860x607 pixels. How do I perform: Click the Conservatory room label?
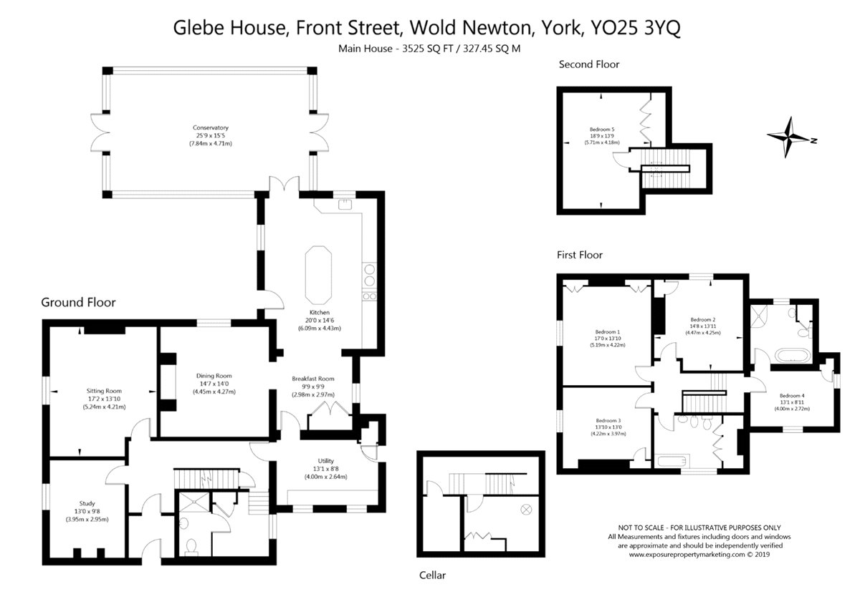211,127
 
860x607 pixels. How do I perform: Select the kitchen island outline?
318,276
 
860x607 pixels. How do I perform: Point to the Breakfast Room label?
313,379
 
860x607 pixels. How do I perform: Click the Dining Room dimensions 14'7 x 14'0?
214,384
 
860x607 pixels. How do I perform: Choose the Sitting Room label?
104,391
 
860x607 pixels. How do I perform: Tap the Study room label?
87,503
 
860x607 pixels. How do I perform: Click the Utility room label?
326,460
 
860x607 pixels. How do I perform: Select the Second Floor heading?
589,64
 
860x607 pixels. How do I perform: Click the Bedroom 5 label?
602,130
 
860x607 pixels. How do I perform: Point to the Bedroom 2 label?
703,319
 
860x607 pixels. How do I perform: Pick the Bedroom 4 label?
792,395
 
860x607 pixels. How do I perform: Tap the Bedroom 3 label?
608,420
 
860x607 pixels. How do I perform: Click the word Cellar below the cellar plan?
432,576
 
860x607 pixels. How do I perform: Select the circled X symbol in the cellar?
526,509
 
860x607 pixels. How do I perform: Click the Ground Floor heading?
78,302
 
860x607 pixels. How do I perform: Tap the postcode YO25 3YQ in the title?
636,28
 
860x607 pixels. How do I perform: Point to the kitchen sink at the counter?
345,204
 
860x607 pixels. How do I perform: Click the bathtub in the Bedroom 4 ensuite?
793,356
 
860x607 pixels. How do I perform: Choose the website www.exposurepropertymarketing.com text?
687,555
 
